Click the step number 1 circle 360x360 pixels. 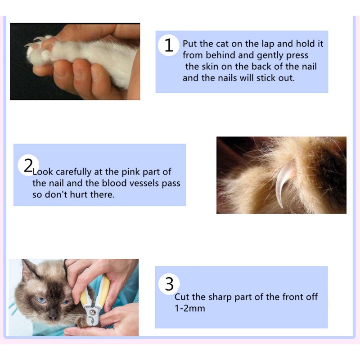(x=168, y=45)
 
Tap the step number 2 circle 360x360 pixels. (x=28, y=165)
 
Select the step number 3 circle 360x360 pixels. (x=169, y=284)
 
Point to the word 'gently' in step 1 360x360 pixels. (x=270, y=56)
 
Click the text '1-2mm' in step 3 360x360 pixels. (x=190, y=308)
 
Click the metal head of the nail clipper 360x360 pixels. (x=92, y=313)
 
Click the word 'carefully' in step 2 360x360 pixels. (x=73, y=172)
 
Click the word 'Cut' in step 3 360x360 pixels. (x=182, y=297)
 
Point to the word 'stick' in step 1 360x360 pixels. (x=265, y=78)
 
